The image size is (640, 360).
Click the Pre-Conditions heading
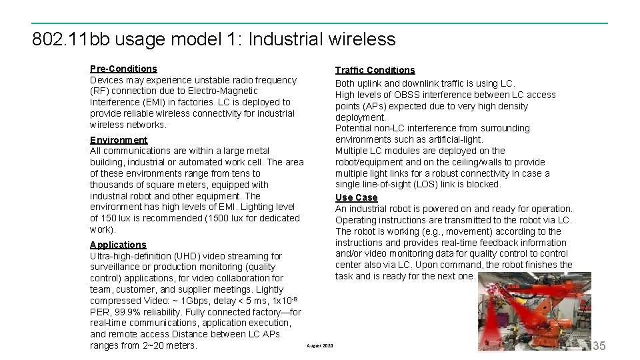[x=123, y=69]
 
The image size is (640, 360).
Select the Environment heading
[x=119, y=140]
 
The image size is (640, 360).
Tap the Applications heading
[x=118, y=245]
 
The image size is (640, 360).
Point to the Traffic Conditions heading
[x=375, y=70]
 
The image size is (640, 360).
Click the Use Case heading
[x=356, y=197]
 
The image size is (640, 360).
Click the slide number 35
[x=599, y=345]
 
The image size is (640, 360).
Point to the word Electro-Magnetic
[x=223, y=91]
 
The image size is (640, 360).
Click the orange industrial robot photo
[x=533, y=313]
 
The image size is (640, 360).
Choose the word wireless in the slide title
[x=363, y=39]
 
